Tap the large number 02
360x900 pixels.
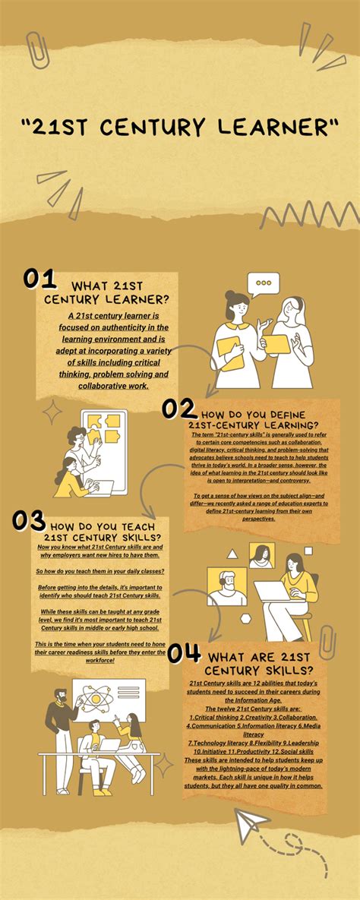click(x=179, y=409)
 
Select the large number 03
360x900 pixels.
click(x=30, y=520)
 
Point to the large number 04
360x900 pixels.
click(x=185, y=652)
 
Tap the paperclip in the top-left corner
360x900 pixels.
click(x=36, y=49)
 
